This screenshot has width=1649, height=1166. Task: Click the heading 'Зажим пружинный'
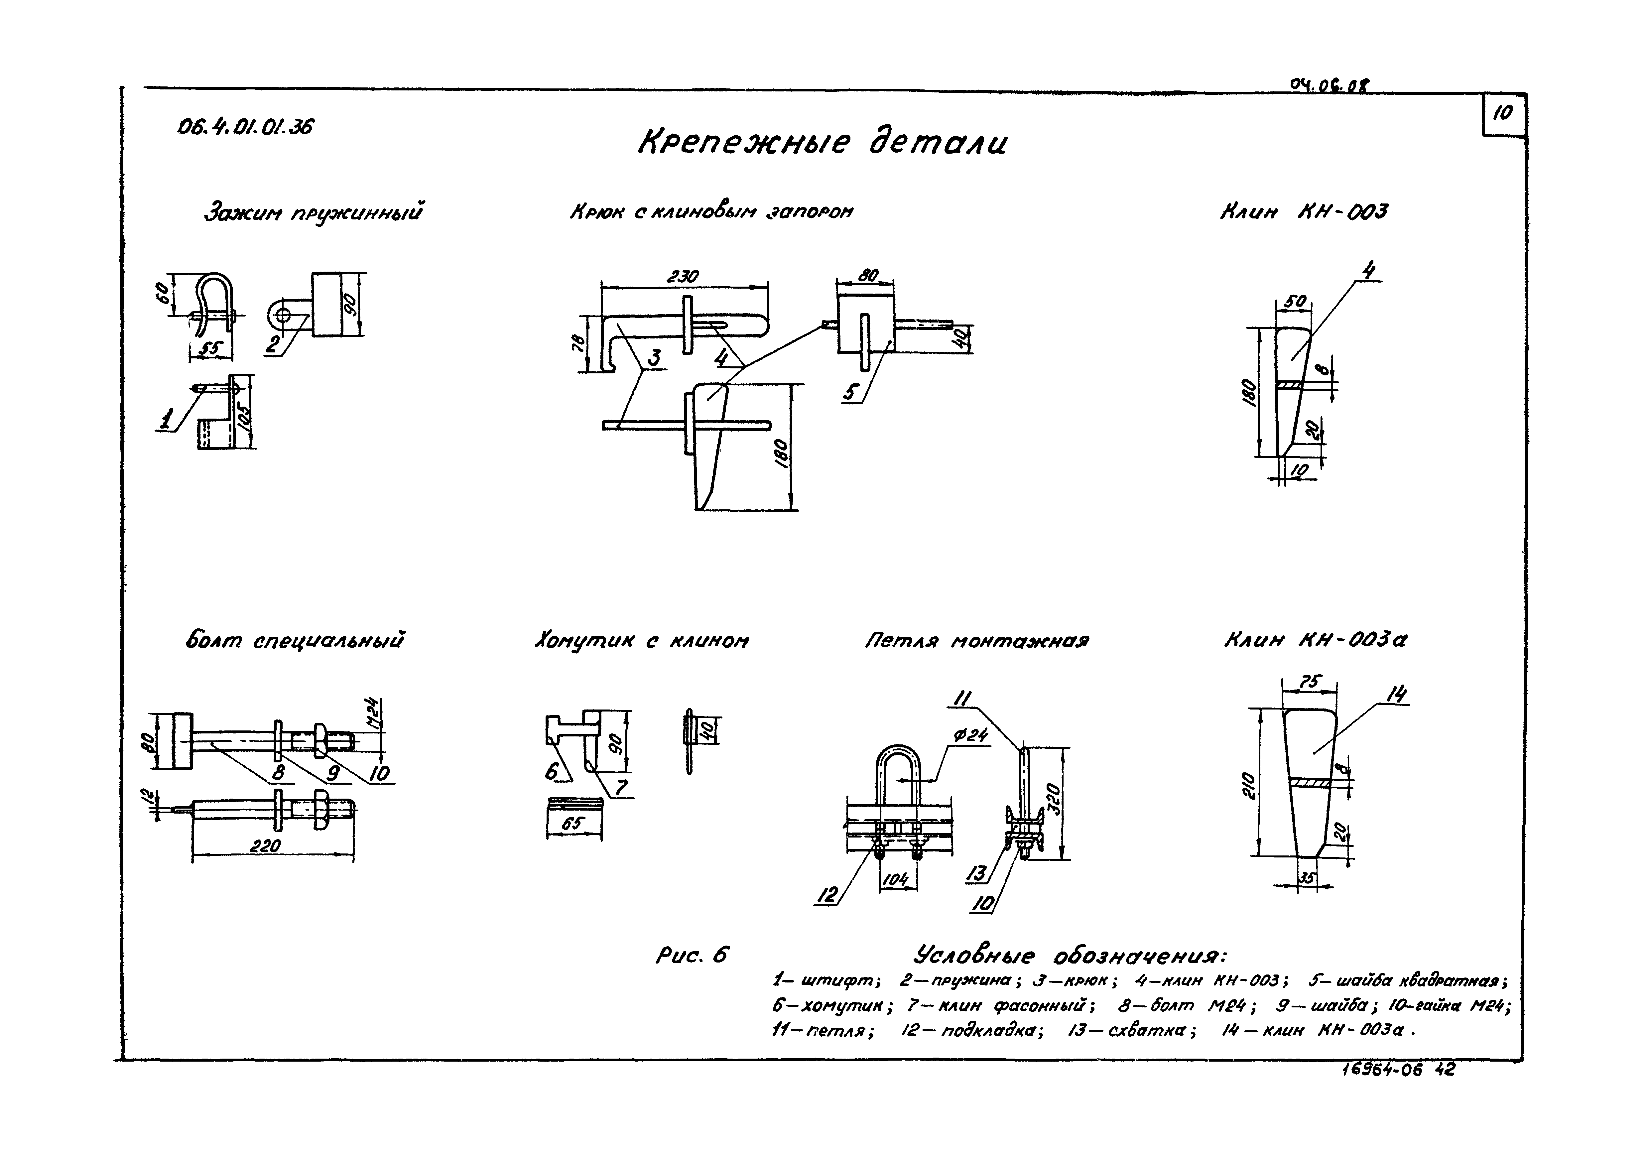pyautogui.click(x=314, y=213)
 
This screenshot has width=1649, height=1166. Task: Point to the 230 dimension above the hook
pyautogui.click(x=682, y=277)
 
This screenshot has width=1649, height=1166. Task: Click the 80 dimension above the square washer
pyautogui.click(x=868, y=275)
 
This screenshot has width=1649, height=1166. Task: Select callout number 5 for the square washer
pyautogui.click(x=851, y=392)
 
